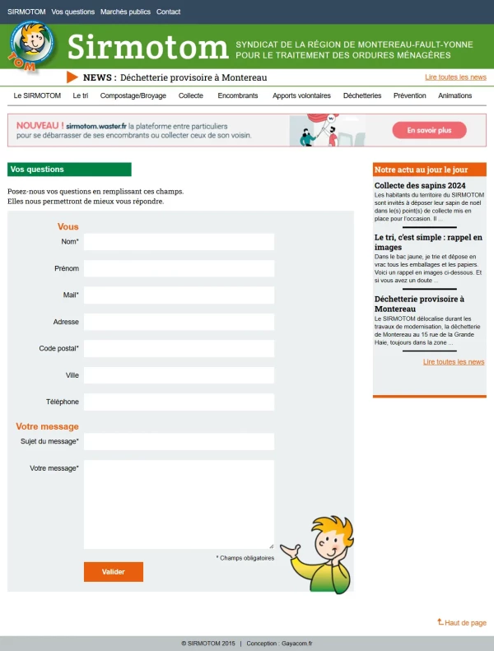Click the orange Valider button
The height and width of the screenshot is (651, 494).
pos(113,572)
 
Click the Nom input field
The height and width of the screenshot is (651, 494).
pos(179,242)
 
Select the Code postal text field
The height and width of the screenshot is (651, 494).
pos(179,349)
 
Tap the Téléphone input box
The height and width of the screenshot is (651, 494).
pos(179,402)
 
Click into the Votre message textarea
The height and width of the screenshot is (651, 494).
pos(179,504)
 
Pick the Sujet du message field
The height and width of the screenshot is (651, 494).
pos(179,442)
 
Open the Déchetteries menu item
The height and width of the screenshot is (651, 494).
pos(362,96)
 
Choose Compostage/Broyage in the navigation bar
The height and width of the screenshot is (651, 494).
pos(133,96)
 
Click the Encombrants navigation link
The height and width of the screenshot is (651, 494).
pos(238,96)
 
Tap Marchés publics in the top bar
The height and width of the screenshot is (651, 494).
pos(125,12)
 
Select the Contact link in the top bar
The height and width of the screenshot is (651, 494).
pos(168,12)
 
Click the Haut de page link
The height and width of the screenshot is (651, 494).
pos(464,623)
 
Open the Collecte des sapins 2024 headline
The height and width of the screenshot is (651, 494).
pos(420,185)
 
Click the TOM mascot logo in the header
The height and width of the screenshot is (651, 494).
pos(32,46)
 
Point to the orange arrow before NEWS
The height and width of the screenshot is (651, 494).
pos(72,77)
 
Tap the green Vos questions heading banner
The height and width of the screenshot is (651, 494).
pos(69,170)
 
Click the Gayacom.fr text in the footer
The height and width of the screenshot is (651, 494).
pos(296,644)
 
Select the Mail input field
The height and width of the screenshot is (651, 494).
pos(179,295)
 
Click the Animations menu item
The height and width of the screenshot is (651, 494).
pos(455,96)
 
